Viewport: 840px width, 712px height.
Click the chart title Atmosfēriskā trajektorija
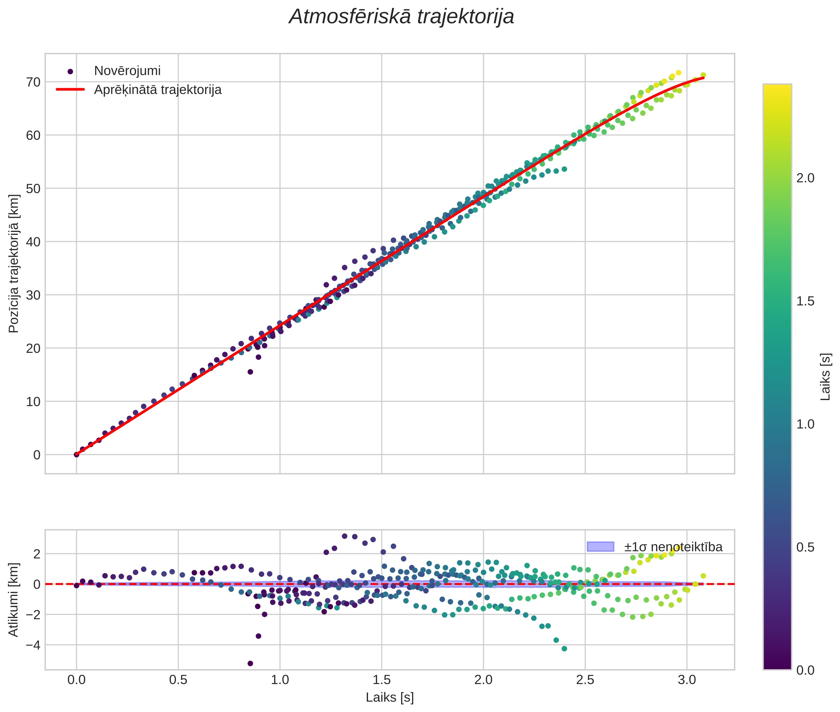401,17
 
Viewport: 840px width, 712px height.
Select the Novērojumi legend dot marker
70,71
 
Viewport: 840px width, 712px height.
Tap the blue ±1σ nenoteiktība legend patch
600,547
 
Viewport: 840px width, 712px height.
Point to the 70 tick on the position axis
34,82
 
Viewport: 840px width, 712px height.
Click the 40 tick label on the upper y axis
34,242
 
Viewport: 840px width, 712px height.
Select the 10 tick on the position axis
34,401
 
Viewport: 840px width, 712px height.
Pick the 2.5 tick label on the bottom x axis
585,680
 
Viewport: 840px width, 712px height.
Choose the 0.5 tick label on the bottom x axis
178,680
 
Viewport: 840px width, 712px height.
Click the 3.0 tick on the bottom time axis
687,680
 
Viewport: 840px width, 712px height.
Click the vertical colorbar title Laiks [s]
826,377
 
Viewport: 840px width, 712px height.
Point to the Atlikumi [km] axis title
14,599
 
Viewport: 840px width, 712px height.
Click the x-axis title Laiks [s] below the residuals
390,697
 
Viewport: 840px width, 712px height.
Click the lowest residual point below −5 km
250,663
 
